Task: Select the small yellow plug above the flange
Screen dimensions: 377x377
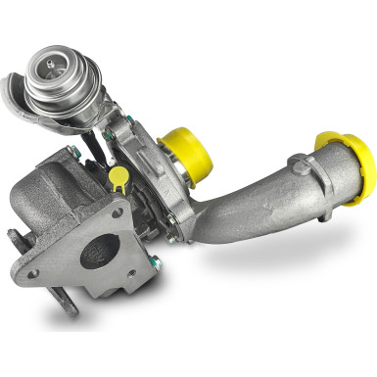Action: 119,179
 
